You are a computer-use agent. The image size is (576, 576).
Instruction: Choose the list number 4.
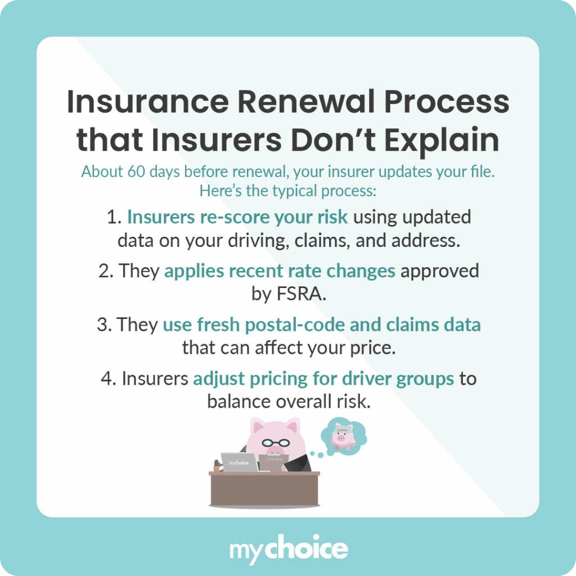[x=107, y=378]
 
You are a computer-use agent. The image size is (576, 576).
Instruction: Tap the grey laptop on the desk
[x=239, y=462]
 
